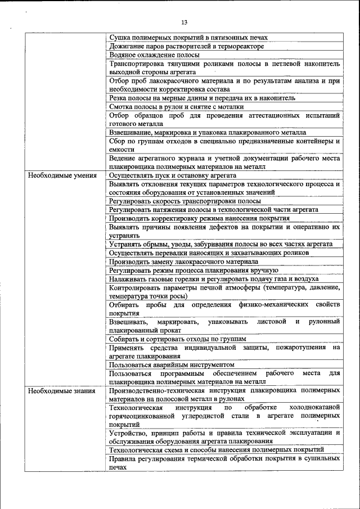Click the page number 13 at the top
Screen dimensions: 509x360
(x=184, y=22)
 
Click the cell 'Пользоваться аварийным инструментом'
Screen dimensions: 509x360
(x=171, y=364)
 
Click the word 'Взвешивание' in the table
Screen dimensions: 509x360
(x=130, y=132)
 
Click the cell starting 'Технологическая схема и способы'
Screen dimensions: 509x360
(x=217, y=450)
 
